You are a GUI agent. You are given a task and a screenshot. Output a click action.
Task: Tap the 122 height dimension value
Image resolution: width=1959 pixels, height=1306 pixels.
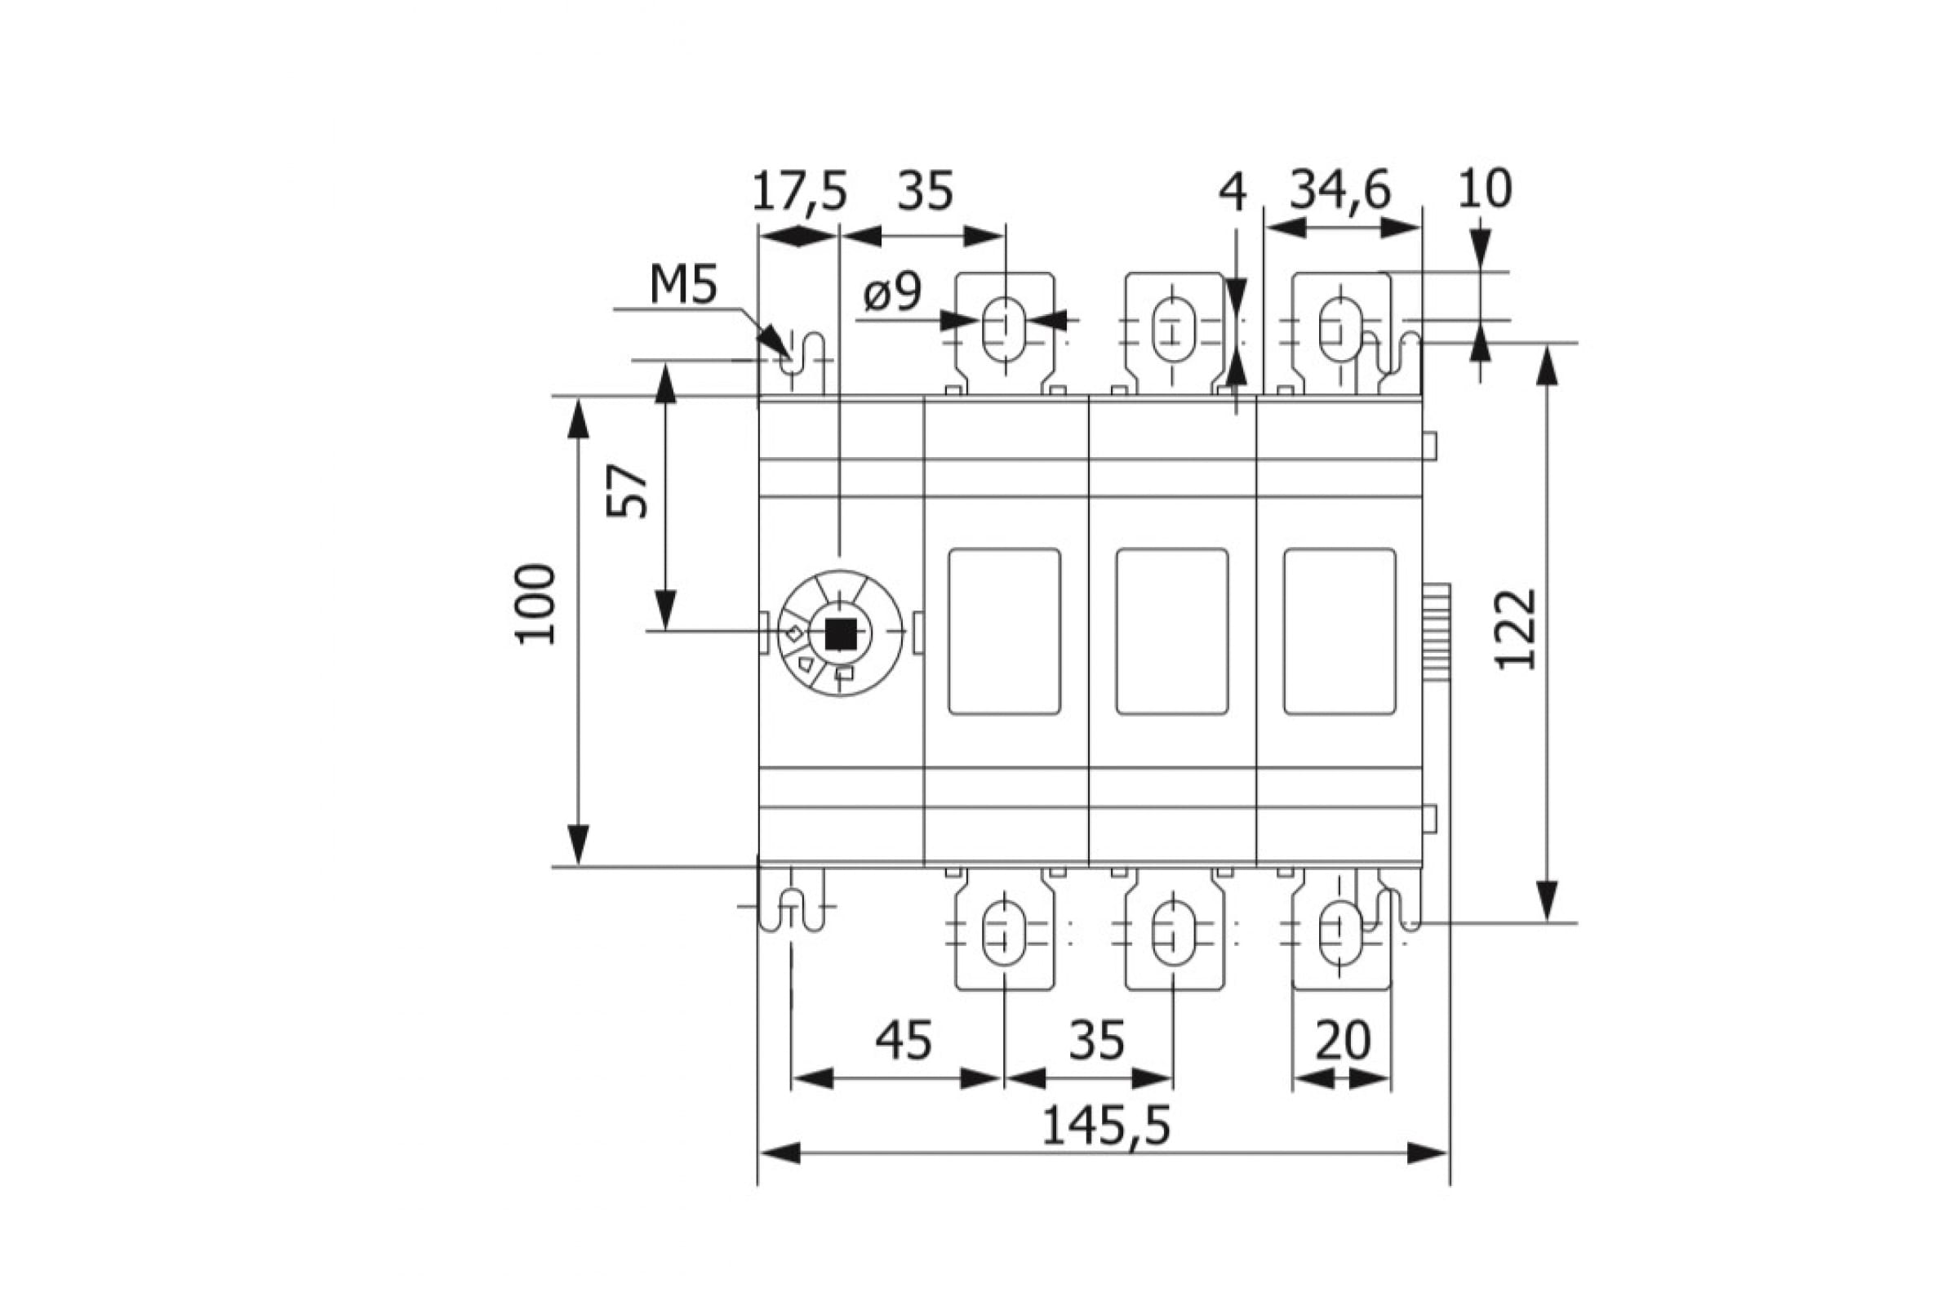[x=1515, y=629]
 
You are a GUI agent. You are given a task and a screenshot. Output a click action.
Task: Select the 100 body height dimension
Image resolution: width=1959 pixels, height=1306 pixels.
[x=535, y=604]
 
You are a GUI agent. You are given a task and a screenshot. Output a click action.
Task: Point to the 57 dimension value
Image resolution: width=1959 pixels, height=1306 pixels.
[x=626, y=491]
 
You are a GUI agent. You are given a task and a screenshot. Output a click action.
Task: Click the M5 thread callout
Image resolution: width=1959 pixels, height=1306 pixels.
[x=683, y=286]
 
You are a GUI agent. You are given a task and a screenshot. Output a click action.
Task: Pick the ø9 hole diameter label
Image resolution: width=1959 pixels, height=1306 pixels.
[x=893, y=292]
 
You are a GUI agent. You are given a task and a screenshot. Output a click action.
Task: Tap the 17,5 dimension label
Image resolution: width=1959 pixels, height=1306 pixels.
[x=800, y=192]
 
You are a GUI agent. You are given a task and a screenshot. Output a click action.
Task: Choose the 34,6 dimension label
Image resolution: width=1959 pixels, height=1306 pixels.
[x=1340, y=191]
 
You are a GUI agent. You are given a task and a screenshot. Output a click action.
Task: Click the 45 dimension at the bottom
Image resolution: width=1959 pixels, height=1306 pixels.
[x=904, y=1042]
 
